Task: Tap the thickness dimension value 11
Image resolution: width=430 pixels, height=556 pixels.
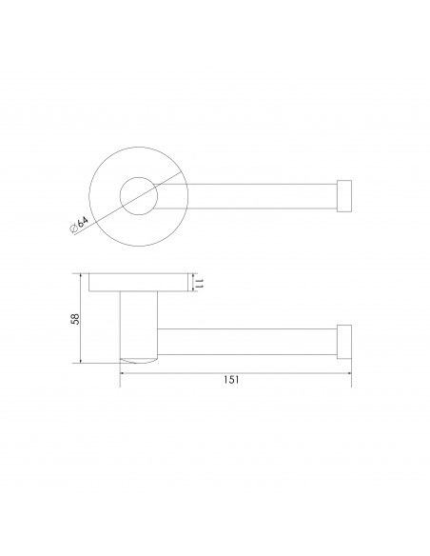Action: coord(202,284)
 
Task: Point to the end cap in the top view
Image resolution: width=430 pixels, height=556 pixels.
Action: coord(345,195)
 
